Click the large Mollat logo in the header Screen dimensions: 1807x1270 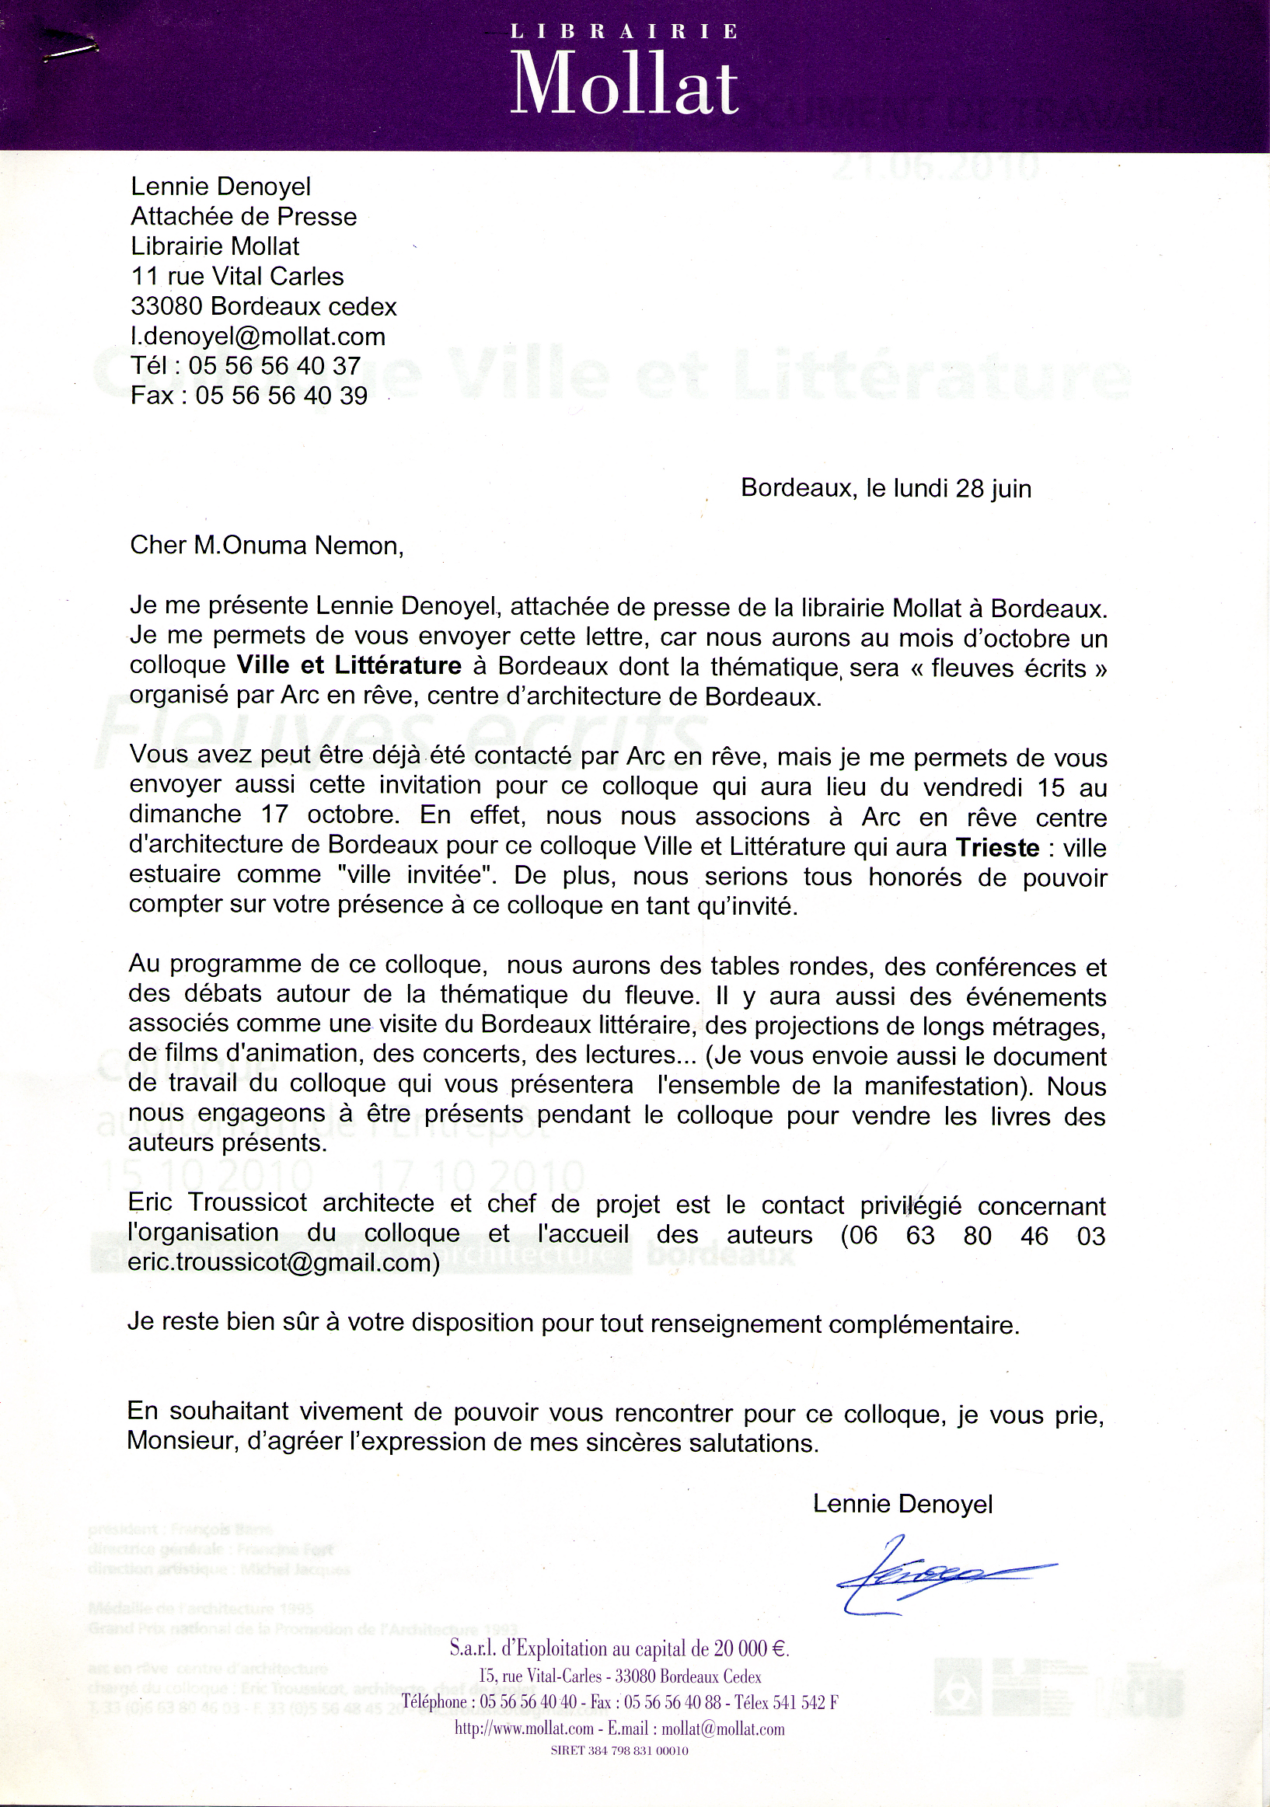(625, 83)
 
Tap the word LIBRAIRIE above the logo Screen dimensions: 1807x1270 (625, 32)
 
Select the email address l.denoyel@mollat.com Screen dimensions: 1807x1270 (258, 336)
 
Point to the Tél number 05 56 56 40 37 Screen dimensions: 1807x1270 (274, 366)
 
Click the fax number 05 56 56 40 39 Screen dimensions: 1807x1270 (281, 395)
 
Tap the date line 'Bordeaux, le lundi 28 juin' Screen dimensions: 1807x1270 (885, 488)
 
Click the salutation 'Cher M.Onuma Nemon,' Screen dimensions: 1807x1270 (267, 545)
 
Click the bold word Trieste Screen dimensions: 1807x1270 (997, 848)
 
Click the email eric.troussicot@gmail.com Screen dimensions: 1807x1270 (283, 1262)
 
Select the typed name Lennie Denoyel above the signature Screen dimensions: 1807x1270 (902, 1504)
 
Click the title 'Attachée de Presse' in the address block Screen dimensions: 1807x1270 (244, 216)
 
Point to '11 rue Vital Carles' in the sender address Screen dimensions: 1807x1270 (238, 276)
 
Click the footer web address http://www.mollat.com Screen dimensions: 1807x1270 (524, 1729)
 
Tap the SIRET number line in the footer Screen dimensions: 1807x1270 (619, 1750)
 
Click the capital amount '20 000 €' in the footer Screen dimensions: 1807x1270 (751, 1648)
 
